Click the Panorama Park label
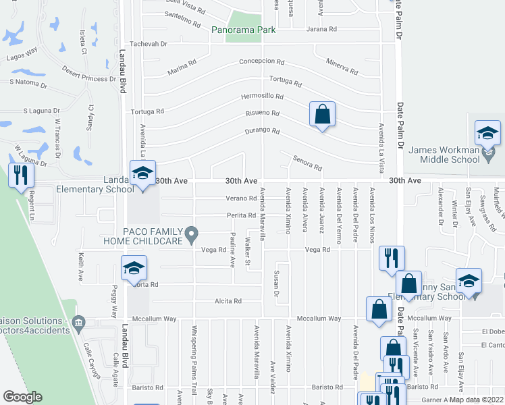(243, 30)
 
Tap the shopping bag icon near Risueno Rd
(323, 114)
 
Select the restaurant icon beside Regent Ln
(20, 175)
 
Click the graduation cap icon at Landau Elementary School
(142, 173)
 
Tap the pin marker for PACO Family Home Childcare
(192, 236)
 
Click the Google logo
(23, 397)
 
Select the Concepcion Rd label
(262, 61)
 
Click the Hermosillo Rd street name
(263, 97)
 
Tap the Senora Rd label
(307, 163)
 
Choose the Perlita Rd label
(242, 216)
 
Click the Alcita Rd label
(228, 301)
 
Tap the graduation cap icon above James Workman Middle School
(487, 133)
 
